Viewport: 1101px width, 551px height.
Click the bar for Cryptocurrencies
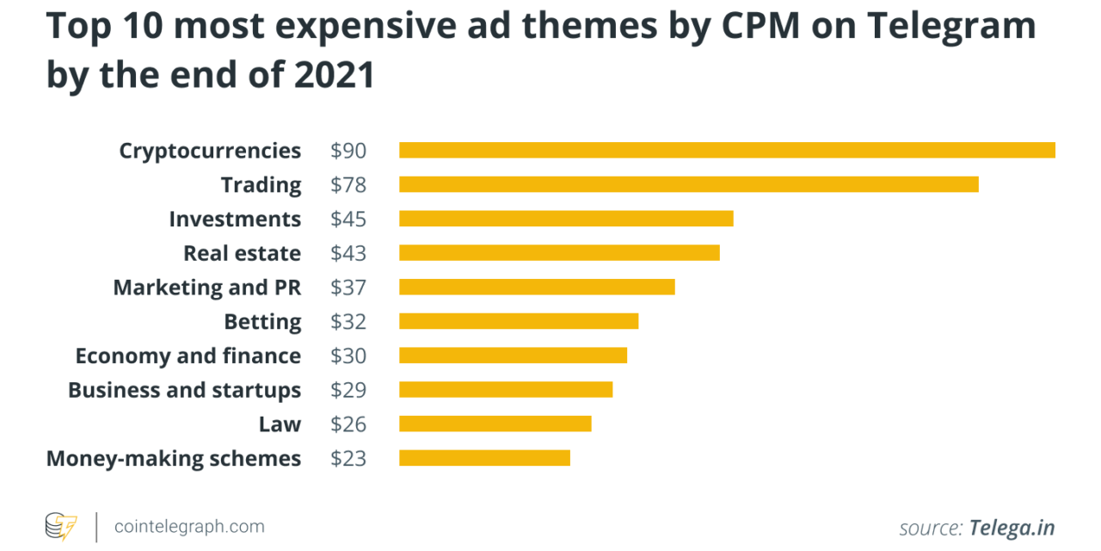point(727,151)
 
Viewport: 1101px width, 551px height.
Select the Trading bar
point(688,184)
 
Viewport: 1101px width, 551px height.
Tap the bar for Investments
point(566,219)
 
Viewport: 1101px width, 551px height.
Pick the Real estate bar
point(559,253)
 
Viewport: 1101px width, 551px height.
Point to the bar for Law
point(495,424)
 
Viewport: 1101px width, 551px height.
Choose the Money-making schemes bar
point(484,458)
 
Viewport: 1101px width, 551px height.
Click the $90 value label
point(348,151)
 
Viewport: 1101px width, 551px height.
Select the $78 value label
point(348,185)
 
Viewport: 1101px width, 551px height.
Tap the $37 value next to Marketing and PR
point(348,288)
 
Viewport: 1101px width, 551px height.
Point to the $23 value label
point(348,458)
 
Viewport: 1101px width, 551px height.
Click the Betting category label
point(262,322)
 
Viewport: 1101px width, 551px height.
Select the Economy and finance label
point(188,356)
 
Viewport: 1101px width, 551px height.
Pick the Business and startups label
point(184,390)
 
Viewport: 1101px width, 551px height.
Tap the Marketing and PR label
point(206,288)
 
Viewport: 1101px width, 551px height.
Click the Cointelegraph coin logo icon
point(61,526)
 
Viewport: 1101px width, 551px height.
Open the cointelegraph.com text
point(189,526)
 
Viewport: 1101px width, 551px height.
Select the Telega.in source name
point(1012,528)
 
